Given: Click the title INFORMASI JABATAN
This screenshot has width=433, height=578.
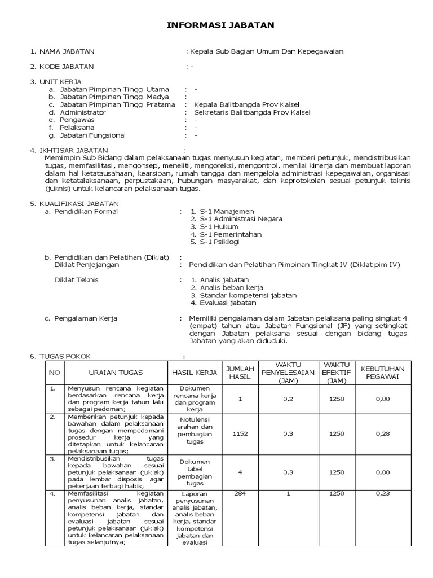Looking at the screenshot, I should coord(220,25).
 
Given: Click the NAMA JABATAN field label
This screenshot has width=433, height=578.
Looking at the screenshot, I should coord(66,51).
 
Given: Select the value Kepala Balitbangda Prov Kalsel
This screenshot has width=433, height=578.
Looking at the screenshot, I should coord(246,104).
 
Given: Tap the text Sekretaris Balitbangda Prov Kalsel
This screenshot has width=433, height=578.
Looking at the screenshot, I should coord(251,112).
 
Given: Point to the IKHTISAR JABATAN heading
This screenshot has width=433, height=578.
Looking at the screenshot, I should coord(73,150).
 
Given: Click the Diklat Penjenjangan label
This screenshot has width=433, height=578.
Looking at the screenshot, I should coord(86,265).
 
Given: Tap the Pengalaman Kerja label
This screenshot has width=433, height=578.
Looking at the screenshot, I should coord(85,318).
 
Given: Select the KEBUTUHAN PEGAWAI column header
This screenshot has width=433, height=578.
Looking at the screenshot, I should coord(383,373).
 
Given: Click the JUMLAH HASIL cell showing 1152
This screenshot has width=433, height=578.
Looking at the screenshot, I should coord(240,433).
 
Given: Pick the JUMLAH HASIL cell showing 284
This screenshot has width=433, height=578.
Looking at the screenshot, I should coord(240,493).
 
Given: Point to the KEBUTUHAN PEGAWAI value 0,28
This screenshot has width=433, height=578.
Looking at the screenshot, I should coord(383,433).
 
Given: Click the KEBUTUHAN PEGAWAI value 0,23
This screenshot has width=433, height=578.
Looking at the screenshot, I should coord(383,493).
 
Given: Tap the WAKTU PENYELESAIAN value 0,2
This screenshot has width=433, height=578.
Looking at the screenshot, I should coord(288,399).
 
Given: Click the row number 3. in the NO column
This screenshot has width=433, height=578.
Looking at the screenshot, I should coord(52,459).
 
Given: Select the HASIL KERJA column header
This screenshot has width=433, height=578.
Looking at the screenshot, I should coord(194,373).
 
